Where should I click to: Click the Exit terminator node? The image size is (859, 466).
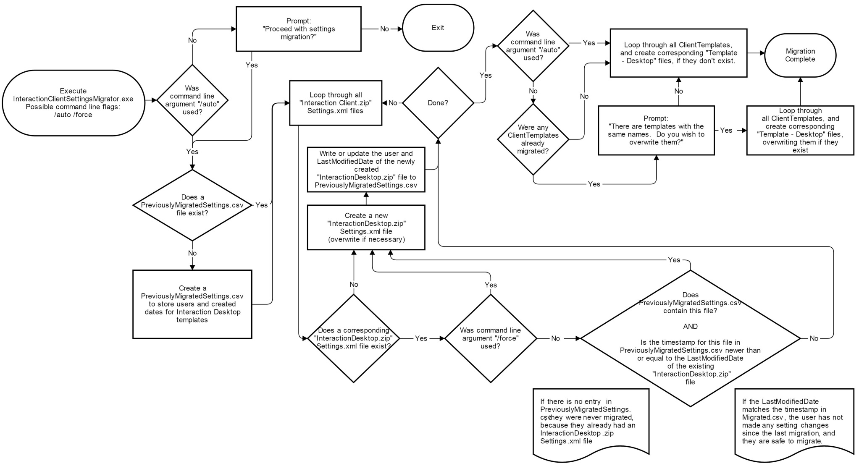438,28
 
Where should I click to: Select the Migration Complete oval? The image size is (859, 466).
800,55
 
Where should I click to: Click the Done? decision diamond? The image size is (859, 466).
438,103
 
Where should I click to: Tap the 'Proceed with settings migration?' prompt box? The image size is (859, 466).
298,29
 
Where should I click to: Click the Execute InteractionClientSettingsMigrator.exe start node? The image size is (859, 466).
73,103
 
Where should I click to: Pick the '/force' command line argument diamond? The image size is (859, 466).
490,338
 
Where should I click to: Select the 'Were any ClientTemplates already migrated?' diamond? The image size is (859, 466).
533,139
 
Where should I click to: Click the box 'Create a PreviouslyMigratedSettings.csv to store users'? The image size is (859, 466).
192,304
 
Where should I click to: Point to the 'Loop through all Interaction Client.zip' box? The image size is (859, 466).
335,103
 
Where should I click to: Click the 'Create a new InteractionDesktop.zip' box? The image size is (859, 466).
366,227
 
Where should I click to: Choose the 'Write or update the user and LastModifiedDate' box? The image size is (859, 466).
366,169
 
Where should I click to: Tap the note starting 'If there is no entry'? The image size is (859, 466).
591,421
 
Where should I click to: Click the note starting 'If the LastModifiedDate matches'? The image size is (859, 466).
793,421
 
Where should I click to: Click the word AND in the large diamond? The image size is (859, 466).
690,327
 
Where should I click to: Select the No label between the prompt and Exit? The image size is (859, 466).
384,29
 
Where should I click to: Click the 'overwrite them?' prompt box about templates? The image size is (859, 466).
656,130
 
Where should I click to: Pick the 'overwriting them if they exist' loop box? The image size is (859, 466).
800,130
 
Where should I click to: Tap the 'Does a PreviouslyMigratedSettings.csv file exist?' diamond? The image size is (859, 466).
192,205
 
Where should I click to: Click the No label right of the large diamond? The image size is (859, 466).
814,338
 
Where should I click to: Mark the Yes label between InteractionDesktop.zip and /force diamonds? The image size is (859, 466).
421,338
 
